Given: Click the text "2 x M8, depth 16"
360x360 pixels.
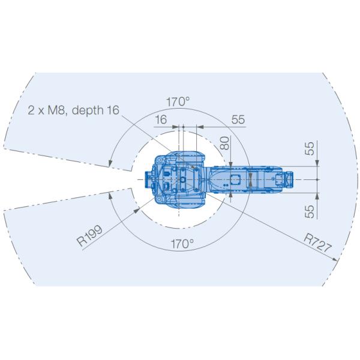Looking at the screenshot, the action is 73,110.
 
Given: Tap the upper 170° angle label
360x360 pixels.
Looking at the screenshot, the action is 178,102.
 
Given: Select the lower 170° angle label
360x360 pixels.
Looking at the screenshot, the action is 182,244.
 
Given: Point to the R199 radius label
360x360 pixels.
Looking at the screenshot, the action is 89,236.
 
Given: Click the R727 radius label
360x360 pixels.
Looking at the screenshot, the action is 318,243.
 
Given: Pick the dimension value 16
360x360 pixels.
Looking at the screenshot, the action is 161,119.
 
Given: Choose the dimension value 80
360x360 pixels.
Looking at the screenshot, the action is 225,143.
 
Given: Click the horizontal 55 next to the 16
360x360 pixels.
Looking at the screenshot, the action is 238,119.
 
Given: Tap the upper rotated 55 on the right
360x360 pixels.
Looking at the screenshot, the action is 310,149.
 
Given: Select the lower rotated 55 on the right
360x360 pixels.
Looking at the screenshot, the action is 310,211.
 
